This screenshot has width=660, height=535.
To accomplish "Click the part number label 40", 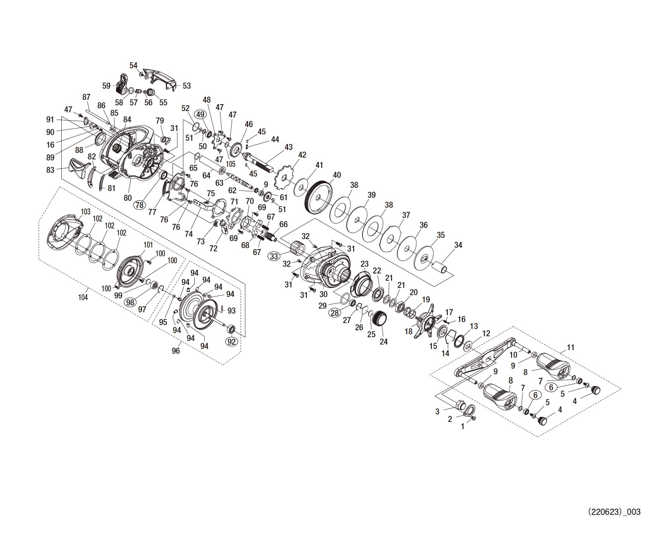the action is coord(337,175).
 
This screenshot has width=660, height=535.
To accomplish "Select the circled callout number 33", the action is coord(274,257).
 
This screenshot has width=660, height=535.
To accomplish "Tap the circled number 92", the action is coord(232,342).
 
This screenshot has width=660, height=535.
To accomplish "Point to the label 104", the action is coord(83,297).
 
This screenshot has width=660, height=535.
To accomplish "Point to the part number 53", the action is coord(186,86).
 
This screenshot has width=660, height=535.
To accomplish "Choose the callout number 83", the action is coord(50,170).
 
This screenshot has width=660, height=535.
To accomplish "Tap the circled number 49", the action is coord(200,114).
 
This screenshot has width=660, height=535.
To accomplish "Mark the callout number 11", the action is coord(570,347).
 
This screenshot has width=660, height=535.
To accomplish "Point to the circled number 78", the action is coord(139,205).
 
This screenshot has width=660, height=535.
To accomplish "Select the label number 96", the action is coord(176,351).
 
